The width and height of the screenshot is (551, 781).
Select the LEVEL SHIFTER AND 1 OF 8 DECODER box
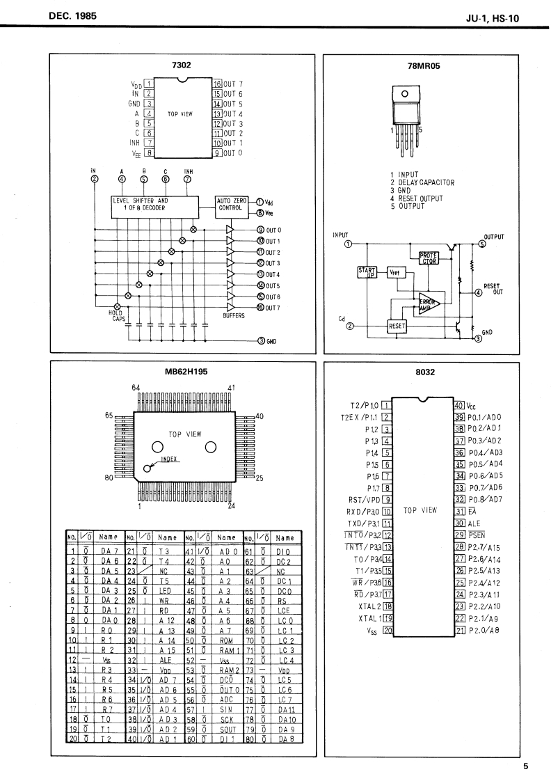click(159, 204)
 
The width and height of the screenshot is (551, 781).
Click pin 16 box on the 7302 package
click(216, 83)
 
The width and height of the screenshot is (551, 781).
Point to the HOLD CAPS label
click(115, 316)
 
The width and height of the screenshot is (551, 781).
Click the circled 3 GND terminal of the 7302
click(260, 340)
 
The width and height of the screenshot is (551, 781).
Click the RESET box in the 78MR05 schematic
click(397, 325)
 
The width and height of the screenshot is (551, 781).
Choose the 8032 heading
click(424, 372)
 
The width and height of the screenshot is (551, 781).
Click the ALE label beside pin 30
click(474, 523)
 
